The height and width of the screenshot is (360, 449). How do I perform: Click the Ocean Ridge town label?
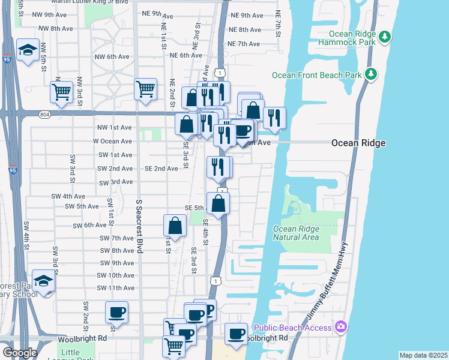coord(358,143)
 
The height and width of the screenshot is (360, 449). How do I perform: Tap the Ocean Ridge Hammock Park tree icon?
coord(385,37)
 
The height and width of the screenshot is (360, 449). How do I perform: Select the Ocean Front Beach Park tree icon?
coord(372,74)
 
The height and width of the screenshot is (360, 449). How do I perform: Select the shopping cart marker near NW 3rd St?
coord(61,92)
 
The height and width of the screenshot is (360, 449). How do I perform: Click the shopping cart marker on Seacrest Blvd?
coord(146,89)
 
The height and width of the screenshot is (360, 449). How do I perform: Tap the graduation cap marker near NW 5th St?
coord(28,50)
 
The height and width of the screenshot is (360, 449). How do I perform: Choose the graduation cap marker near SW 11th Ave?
coord(43,281)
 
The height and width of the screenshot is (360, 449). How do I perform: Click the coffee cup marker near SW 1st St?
coord(116,312)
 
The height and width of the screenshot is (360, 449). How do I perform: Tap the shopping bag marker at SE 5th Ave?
coord(218,203)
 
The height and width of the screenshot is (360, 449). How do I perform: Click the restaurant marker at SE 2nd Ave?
coord(218,167)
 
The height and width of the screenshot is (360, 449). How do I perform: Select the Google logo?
coord(19,353)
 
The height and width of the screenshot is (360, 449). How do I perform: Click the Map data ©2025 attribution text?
coord(423,355)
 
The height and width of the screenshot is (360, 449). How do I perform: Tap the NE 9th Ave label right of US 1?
coord(246,15)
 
